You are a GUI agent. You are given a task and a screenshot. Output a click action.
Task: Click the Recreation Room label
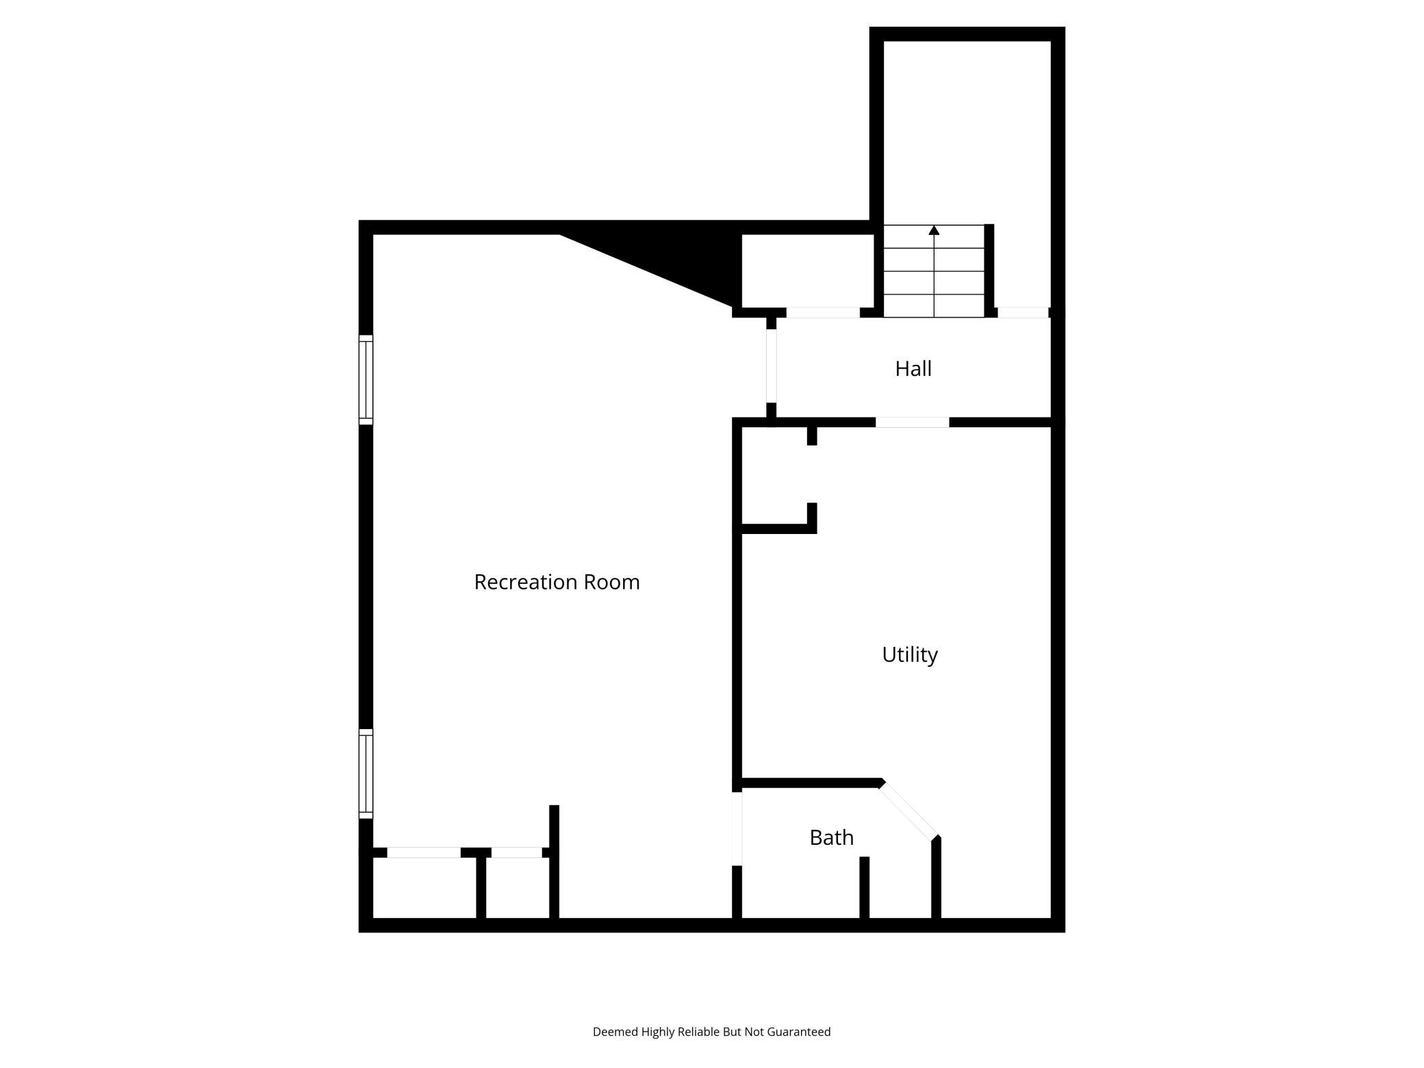557,582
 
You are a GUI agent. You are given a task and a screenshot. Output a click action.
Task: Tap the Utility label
910,655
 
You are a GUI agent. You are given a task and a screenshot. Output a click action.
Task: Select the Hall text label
913,369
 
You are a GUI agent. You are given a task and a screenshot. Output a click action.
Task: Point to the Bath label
832,837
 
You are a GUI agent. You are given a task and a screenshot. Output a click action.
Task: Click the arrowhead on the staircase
934,230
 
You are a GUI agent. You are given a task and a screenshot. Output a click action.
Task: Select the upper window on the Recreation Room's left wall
366,380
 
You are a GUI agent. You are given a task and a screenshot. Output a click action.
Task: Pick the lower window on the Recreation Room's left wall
366,774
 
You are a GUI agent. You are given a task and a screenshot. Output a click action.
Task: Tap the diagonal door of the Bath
908,811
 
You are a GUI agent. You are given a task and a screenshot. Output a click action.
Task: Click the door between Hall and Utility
913,422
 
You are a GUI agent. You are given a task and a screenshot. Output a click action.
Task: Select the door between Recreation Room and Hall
772,366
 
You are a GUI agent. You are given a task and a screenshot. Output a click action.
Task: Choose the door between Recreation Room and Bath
737,828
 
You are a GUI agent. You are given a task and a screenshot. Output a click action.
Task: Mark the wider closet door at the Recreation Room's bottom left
424,852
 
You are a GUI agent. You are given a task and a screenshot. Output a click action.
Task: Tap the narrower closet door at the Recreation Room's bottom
517,852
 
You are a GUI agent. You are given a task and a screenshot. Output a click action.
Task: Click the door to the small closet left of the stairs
823,313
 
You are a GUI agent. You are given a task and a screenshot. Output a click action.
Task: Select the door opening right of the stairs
1023,313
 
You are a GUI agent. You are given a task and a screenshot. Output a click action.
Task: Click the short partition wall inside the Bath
865,887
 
